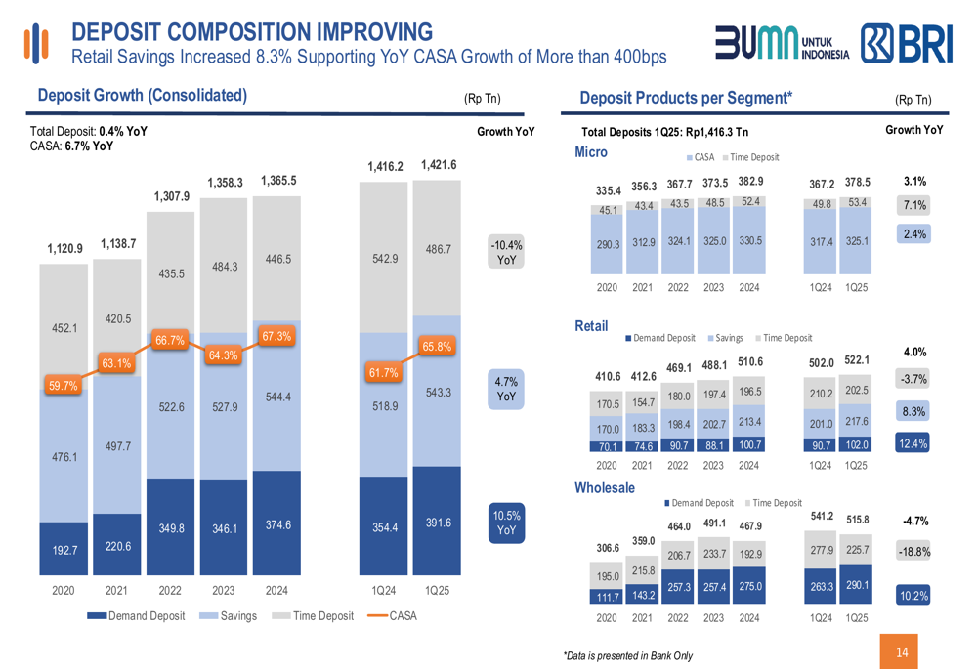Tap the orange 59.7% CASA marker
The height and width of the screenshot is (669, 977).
coord(64,386)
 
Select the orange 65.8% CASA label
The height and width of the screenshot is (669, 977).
coord(437,346)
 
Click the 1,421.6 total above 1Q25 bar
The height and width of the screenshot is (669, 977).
coord(439,165)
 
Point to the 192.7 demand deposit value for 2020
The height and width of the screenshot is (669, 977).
coord(64,551)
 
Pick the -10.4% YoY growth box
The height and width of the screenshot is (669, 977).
coord(506,252)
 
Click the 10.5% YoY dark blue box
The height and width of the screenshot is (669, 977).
coord(506,523)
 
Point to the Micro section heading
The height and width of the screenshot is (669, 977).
coord(591,152)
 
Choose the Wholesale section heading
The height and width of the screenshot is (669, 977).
coord(605,487)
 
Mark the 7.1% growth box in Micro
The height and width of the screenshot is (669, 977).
coord(914,205)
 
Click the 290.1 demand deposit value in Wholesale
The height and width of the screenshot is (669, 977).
coord(856,585)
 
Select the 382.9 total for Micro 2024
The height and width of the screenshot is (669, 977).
coord(750,182)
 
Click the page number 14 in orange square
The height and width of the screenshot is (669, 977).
coord(901,651)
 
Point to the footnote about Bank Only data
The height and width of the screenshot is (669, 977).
coord(627,655)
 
